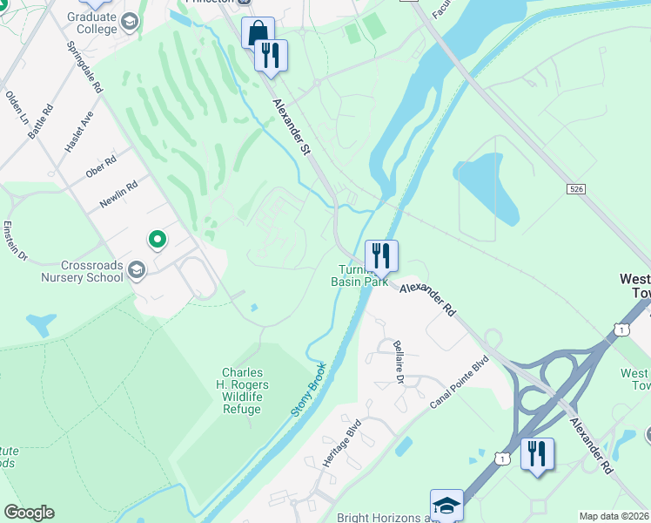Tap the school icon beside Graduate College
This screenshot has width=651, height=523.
click(130, 21)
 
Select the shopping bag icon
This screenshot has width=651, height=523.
click(258, 33)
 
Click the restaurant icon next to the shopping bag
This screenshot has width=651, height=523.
click(271, 55)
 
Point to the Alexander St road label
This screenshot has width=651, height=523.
click(292, 126)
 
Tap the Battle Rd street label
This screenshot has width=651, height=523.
click(41, 121)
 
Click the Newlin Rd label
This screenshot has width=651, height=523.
click(118, 194)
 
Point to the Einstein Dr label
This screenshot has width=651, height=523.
click(17, 242)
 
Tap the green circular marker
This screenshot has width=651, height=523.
click(158, 238)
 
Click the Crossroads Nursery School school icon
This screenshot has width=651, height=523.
click(136, 271)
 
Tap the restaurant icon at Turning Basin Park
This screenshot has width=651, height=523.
click(381, 255)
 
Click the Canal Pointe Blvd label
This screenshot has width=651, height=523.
click(459, 382)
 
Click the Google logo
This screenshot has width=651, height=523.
click(29, 513)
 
